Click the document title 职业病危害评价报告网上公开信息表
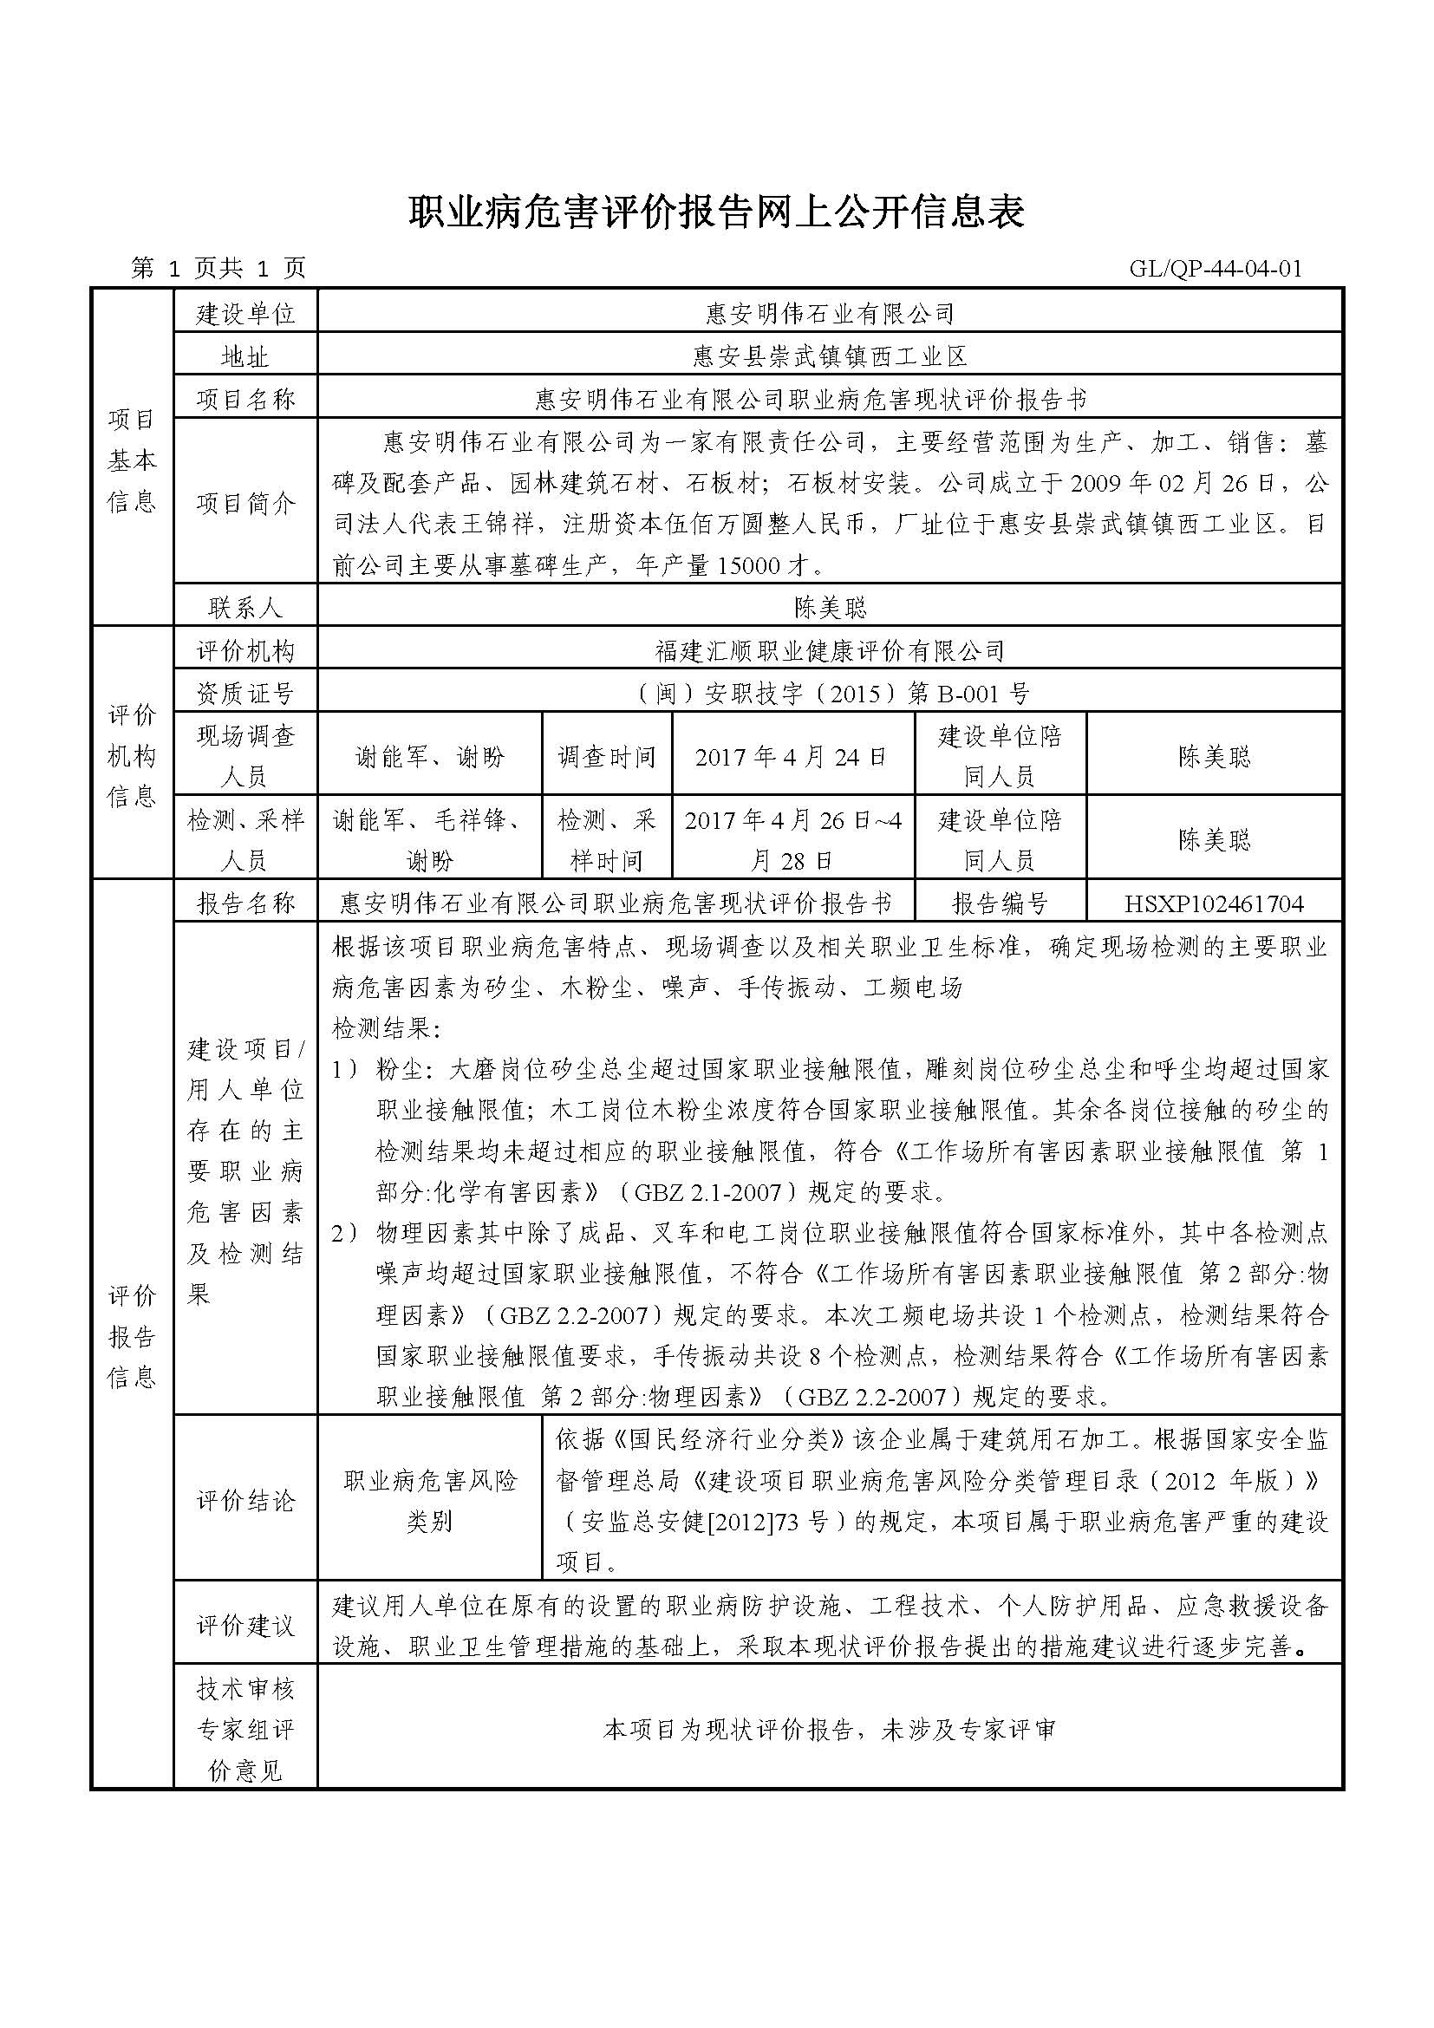pyautogui.click(x=716, y=213)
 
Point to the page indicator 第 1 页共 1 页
pyautogui.click(x=218, y=269)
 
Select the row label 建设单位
pyautogui.click(x=245, y=314)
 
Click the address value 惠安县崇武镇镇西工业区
pyautogui.click(x=830, y=357)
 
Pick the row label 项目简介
pyautogui.click(x=245, y=504)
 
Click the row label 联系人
pyautogui.click(x=245, y=608)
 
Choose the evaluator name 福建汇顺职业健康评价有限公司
pyautogui.click(x=830, y=652)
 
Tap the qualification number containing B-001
pyautogui.click(x=830, y=694)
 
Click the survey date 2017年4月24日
pyautogui.click(x=792, y=757)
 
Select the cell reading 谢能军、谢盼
pyautogui.click(x=430, y=757)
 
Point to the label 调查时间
pyautogui.click(x=607, y=757)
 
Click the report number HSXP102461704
pyautogui.click(x=1214, y=903)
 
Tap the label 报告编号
pyautogui.click(x=1001, y=903)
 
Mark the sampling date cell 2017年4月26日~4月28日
pyautogui.click(x=792, y=840)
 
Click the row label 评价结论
pyautogui.click(x=245, y=1501)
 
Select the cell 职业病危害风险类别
pyautogui.click(x=430, y=1501)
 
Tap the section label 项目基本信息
pyautogui.click(x=133, y=460)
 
